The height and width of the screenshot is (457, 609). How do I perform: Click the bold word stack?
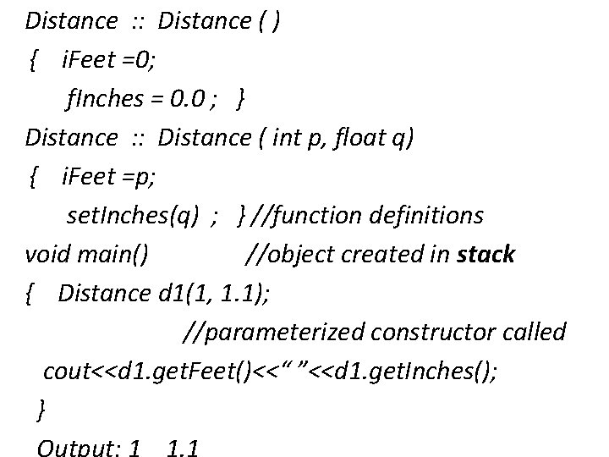[x=485, y=254]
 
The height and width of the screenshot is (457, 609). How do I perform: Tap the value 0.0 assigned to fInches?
[x=188, y=98]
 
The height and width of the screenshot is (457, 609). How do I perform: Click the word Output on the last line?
[x=75, y=447]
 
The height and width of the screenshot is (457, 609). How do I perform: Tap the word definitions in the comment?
[x=427, y=215]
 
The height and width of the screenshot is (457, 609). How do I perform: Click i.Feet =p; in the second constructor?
[x=108, y=176]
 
